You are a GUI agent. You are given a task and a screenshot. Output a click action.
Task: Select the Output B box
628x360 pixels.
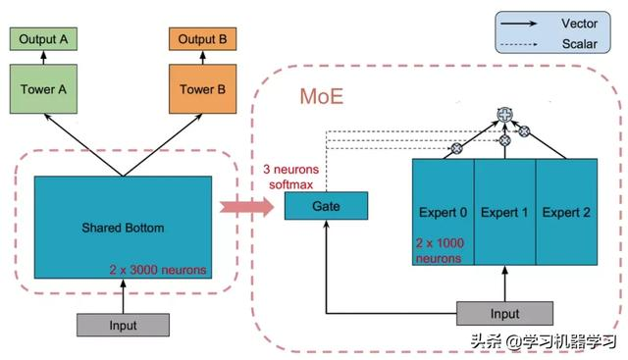click(202, 39)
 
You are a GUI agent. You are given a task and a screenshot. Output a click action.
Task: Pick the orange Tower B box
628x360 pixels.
click(202, 90)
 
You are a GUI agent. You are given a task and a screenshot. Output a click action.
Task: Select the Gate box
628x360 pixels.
click(326, 206)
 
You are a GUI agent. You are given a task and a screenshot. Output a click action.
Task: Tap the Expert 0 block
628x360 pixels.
click(444, 212)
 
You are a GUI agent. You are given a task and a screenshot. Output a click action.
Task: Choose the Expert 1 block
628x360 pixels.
click(504, 212)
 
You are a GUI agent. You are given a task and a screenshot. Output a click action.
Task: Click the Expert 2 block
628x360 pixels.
click(566, 212)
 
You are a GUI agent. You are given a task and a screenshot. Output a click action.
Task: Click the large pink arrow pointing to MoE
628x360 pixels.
click(245, 207)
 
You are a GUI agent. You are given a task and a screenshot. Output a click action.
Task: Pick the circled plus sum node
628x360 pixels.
click(505, 115)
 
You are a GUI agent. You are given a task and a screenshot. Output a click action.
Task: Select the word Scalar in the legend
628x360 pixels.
click(579, 43)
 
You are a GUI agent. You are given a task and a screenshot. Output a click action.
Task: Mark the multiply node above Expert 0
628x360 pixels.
click(455, 149)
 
